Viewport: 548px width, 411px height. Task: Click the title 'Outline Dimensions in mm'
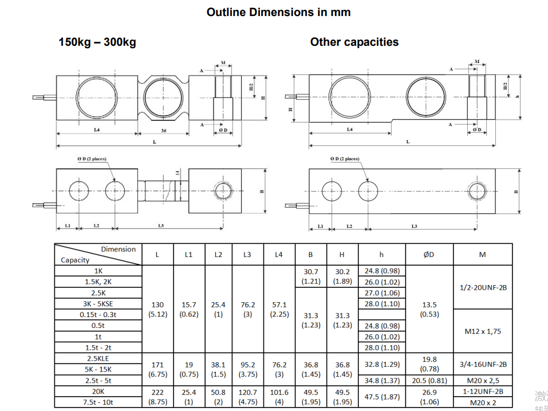click(x=278, y=12)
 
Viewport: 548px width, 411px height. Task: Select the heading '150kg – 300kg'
click(x=97, y=42)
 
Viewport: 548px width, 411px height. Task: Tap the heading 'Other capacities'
click(x=354, y=42)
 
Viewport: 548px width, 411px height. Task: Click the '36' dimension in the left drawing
click(x=164, y=131)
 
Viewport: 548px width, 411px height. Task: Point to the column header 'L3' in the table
click(x=247, y=255)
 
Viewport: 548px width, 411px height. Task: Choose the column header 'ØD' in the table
click(x=429, y=255)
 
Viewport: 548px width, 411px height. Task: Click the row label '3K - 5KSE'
click(x=98, y=303)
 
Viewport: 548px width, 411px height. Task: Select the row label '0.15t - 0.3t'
click(x=98, y=314)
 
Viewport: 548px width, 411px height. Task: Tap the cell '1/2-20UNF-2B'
click(x=483, y=287)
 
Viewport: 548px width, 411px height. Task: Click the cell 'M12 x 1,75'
click(x=483, y=331)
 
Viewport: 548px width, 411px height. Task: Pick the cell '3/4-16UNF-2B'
click(x=483, y=364)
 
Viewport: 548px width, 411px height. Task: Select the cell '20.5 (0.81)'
click(x=429, y=380)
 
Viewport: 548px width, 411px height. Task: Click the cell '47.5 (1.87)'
click(x=382, y=397)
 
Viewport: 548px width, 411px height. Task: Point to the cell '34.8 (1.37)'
click(x=382, y=380)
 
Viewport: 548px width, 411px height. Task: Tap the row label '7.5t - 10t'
click(x=98, y=402)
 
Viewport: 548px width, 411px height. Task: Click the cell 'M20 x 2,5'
click(x=483, y=380)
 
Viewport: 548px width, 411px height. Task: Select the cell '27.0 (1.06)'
click(x=382, y=293)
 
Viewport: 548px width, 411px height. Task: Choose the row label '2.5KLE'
click(x=98, y=358)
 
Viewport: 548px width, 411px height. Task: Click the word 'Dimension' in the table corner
click(x=118, y=249)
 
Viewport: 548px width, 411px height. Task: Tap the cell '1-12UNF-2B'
click(x=483, y=392)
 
